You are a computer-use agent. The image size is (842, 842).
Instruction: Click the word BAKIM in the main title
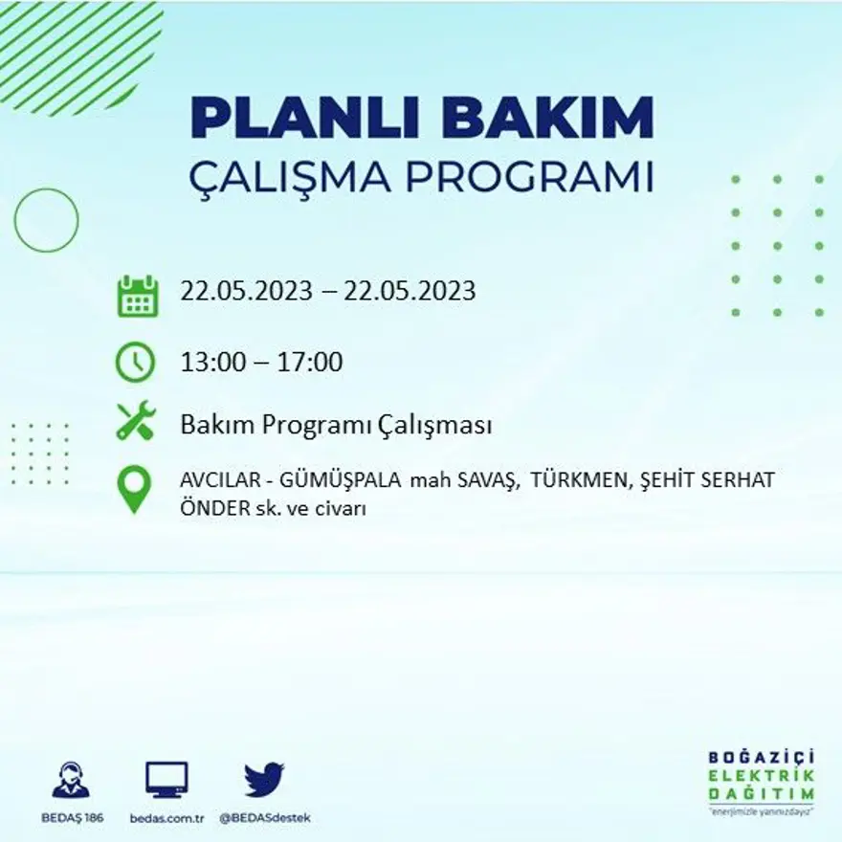click(548, 119)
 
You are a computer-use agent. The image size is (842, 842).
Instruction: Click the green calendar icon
click(137, 296)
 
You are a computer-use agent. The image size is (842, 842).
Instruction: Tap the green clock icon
click(135, 362)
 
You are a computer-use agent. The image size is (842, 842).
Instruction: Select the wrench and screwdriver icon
click(135, 421)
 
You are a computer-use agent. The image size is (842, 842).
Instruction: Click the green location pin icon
click(134, 489)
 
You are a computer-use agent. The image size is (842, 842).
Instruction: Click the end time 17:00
click(310, 363)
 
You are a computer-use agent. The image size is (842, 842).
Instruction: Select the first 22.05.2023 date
click(247, 291)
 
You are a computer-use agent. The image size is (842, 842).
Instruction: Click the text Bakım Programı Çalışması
click(336, 425)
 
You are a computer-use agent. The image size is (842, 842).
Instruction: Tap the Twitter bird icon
click(264, 779)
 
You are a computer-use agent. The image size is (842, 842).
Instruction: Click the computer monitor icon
click(166, 780)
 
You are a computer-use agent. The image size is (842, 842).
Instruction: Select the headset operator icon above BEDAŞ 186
click(71, 780)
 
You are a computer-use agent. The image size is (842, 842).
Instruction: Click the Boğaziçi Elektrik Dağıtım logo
click(762, 780)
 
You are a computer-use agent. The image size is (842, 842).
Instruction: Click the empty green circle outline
click(46, 220)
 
